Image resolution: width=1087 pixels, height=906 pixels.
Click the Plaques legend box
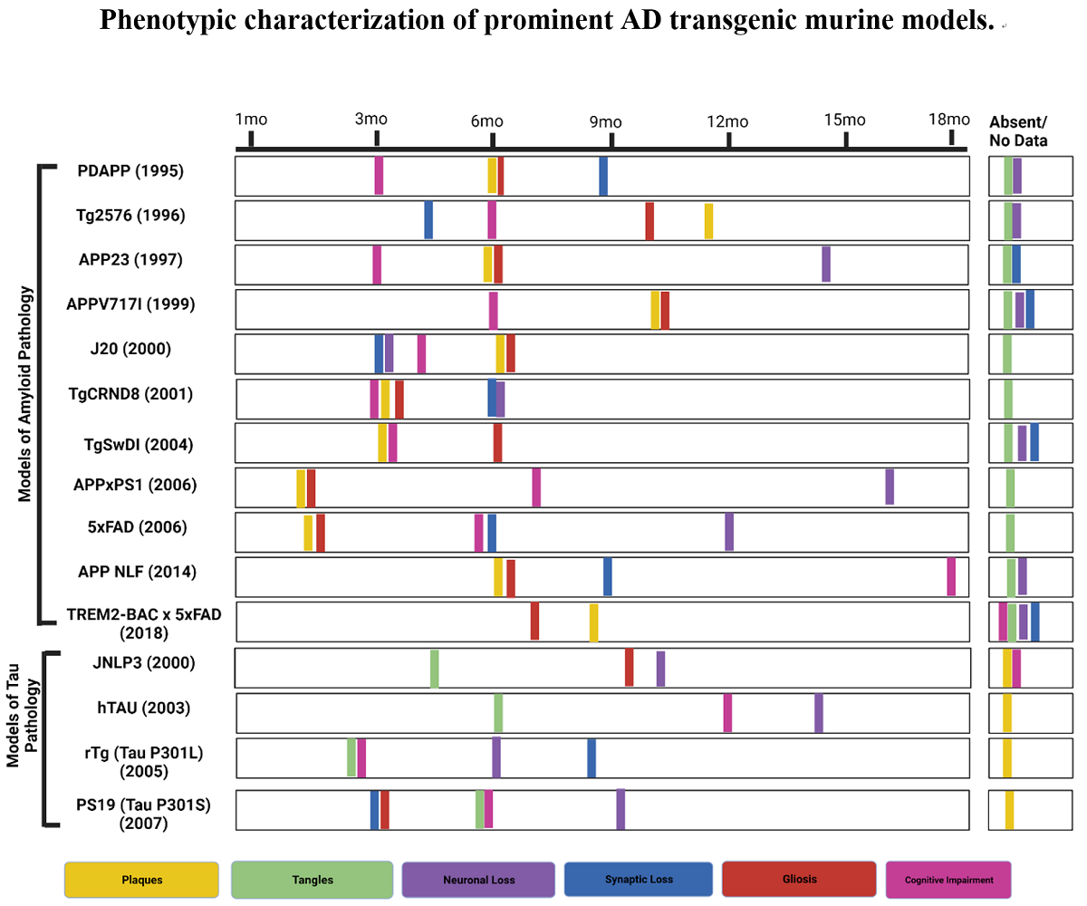(141, 879)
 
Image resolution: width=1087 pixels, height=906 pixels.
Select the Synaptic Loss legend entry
(638, 879)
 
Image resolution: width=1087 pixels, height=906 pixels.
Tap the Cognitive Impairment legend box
(948, 879)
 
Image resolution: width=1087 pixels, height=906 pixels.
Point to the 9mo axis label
(605, 121)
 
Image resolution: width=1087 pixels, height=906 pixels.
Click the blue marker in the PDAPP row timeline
(603, 176)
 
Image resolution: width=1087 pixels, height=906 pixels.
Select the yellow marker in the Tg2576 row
(708, 221)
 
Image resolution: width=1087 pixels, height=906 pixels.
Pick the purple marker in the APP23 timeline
(826, 264)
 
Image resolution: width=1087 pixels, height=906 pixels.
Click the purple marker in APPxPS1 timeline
(890, 487)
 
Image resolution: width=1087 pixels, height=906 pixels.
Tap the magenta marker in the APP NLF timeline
(951, 576)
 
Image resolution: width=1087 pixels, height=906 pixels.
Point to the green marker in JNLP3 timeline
(435, 669)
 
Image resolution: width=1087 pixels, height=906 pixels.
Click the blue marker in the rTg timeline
(592, 757)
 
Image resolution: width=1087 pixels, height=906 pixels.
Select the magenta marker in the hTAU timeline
(727, 712)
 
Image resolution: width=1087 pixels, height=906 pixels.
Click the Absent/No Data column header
(1018, 131)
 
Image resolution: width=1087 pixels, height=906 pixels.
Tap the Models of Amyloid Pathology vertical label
(25, 394)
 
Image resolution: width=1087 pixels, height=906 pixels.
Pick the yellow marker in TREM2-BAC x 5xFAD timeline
(593, 622)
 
